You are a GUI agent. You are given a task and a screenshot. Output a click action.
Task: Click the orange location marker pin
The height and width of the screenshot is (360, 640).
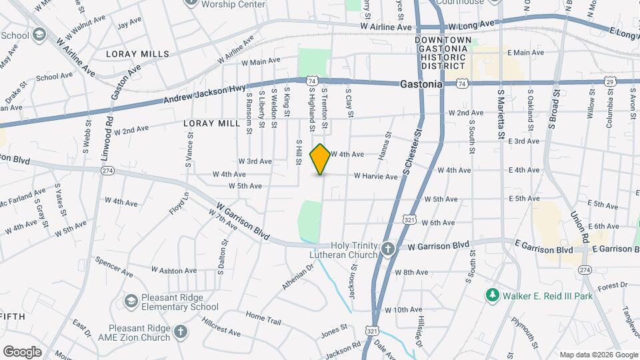(321, 159)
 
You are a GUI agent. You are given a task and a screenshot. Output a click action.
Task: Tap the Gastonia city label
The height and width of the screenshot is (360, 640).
(421, 85)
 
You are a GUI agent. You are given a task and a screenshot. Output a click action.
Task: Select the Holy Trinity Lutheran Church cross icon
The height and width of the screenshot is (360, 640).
(389, 249)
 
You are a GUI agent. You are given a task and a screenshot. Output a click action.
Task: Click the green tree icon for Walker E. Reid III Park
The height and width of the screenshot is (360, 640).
(492, 294)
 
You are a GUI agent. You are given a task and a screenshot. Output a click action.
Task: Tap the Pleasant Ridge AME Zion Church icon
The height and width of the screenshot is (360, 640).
(180, 332)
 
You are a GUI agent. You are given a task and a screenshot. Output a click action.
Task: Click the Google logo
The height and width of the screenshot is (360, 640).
(22, 352)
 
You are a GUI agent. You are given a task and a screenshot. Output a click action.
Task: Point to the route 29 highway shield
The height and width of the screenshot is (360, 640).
(609, 81)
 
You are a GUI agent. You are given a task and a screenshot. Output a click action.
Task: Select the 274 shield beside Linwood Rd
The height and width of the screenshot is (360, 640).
(107, 171)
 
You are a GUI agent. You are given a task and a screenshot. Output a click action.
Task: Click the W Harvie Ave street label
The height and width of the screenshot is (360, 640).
(375, 177)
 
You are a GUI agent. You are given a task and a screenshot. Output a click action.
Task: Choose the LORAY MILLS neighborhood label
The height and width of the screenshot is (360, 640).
(141, 54)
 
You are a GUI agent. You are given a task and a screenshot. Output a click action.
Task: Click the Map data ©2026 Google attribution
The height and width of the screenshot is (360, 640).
(598, 355)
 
